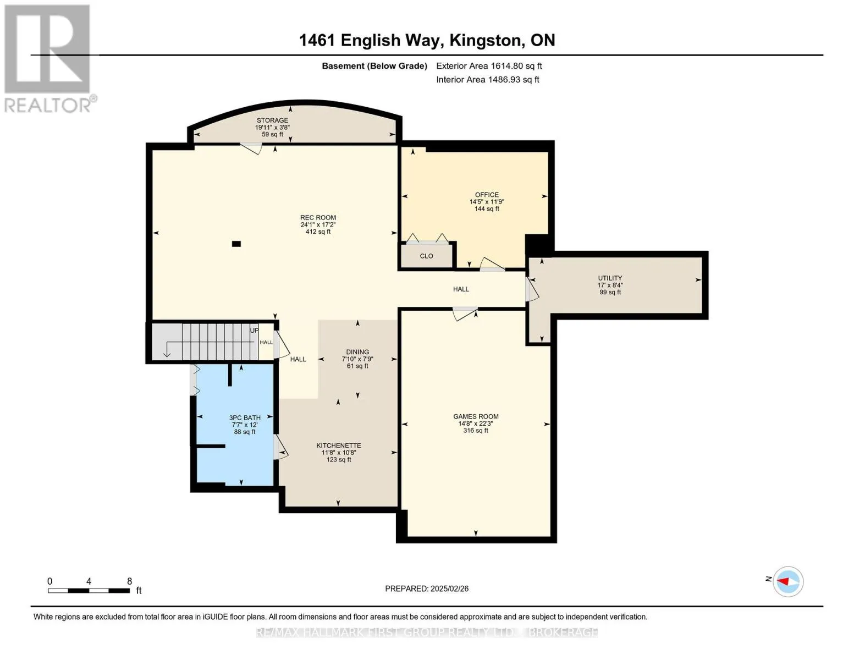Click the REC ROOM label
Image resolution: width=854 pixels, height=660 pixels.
tap(318, 217)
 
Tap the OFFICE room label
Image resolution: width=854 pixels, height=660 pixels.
tap(487, 195)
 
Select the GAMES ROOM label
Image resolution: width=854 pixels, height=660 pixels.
tap(476, 416)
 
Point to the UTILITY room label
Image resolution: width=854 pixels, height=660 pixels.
tap(610, 278)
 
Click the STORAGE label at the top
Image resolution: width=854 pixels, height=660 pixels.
tap(272, 120)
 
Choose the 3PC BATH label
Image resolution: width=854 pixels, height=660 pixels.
tap(245, 418)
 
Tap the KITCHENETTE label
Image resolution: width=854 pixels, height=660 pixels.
tap(338, 446)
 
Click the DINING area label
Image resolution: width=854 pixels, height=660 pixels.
tap(357, 352)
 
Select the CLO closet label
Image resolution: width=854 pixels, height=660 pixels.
tap(426, 256)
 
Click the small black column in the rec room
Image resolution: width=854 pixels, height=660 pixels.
tap(236, 244)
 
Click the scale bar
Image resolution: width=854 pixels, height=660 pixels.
tap(89, 590)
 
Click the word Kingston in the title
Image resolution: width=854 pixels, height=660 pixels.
tap(486, 40)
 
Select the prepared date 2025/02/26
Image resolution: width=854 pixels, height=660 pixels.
tap(449, 588)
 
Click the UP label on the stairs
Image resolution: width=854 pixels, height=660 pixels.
tap(254, 330)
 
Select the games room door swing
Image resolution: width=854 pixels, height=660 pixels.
tap(465, 313)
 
